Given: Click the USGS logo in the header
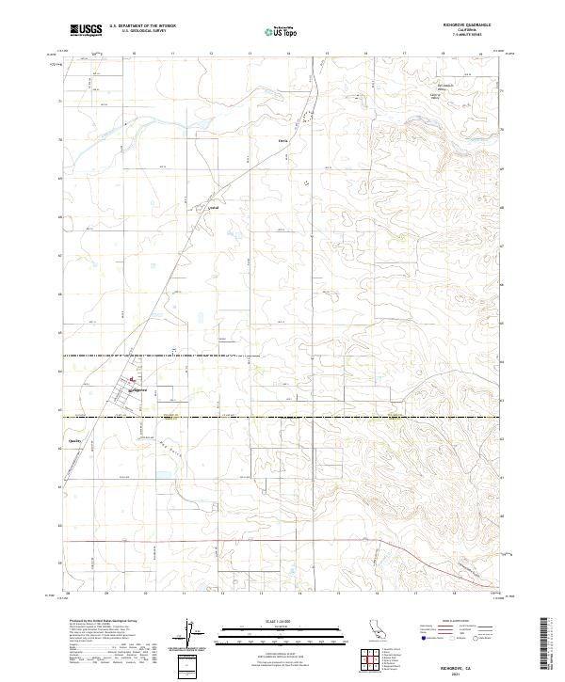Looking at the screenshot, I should (86, 30).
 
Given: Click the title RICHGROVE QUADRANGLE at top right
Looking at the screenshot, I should (469, 25).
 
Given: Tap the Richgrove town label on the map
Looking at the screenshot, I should (139, 389).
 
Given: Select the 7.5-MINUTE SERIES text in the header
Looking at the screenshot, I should (469, 35).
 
